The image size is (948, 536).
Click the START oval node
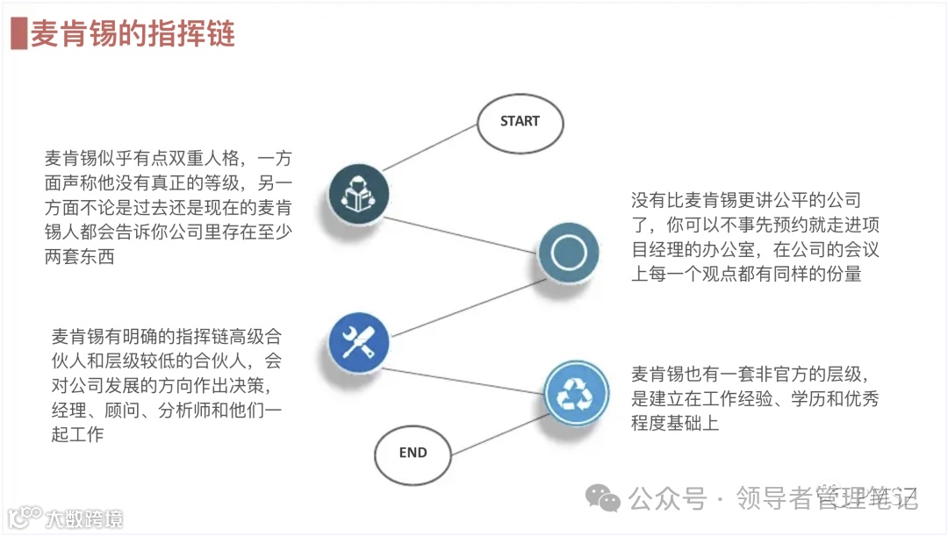pyautogui.click(x=520, y=122)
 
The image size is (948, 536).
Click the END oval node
pyautogui.click(x=413, y=454)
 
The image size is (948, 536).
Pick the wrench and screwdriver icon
pyautogui.click(x=358, y=342)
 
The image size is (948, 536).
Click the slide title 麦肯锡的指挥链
pyautogui.click(x=133, y=35)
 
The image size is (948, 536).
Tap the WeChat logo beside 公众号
pyautogui.click(x=603, y=499)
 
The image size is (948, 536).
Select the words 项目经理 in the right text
pyautogui.click(x=665, y=250)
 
